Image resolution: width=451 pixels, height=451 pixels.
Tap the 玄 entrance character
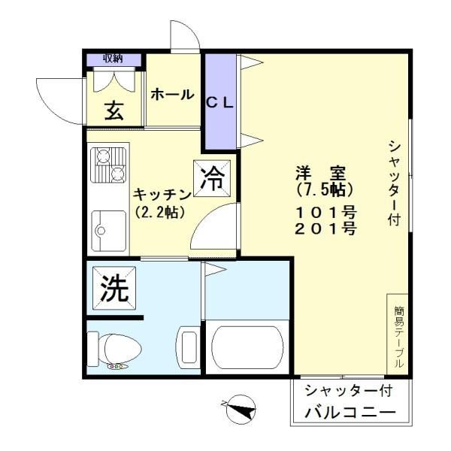pos(114,110)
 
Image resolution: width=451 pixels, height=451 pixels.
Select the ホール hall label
pos(173,95)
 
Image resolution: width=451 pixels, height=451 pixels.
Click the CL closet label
pos(220,103)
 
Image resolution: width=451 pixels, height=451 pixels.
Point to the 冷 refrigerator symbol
pos(212,179)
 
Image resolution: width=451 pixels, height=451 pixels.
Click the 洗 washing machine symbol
pos(114,288)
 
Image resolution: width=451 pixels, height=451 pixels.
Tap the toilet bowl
pos(115,350)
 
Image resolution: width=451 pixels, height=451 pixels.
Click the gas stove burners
pos(108,165)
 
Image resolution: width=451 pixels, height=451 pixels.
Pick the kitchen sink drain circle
pos(101,231)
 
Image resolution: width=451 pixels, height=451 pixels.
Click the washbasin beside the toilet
pos(189,347)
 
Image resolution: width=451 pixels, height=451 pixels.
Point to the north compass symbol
pos(241,410)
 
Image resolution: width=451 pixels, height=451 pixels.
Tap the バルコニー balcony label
pos(350,413)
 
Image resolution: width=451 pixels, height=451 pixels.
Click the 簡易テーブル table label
pos(398,337)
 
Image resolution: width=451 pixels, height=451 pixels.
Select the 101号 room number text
pos(326,213)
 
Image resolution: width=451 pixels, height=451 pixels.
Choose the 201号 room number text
pos(326,229)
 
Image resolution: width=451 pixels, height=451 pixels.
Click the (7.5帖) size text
pos(325,189)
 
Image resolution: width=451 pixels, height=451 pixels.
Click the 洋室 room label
pos(320,173)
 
